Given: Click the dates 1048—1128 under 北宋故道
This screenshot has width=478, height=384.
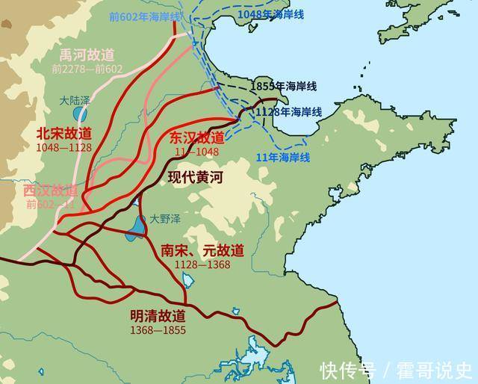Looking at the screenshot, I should pyautogui.click(x=63, y=146).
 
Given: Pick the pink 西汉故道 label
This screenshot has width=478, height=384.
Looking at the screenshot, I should pyautogui.click(x=50, y=190).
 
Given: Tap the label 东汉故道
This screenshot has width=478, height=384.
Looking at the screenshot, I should pyautogui.click(x=196, y=137).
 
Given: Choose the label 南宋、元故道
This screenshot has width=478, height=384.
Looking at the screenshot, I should pyautogui.click(x=202, y=251).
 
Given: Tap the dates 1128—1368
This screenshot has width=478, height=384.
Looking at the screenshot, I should pyautogui.click(x=202, y=264).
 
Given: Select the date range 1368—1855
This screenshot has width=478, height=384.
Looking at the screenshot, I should pyautogui.click(x=157, y=329).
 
